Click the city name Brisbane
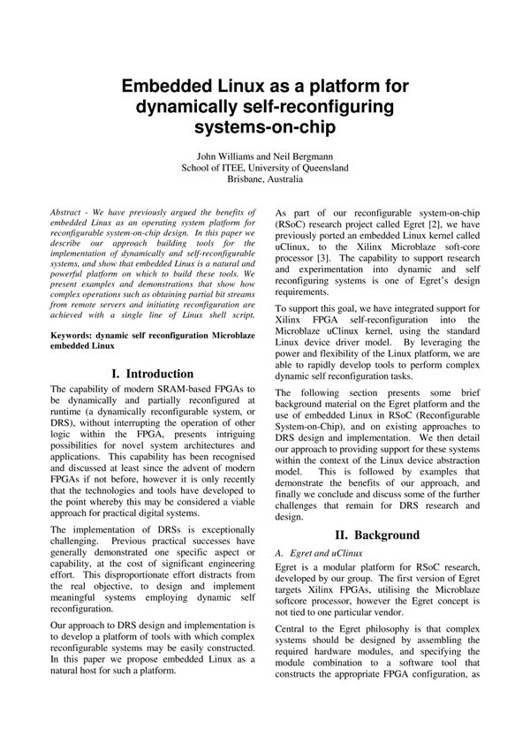(246, 179)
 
